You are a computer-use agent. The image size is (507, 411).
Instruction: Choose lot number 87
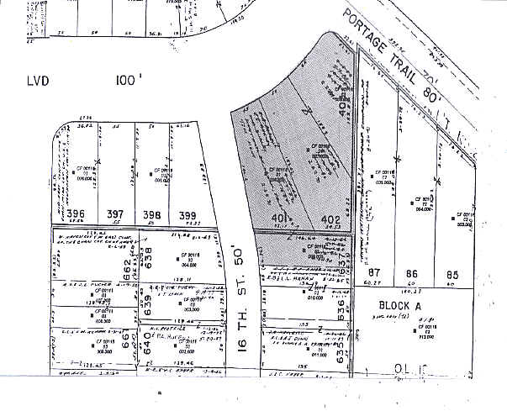click(375, 274)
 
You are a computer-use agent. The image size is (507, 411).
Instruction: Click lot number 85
click(452, 274)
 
